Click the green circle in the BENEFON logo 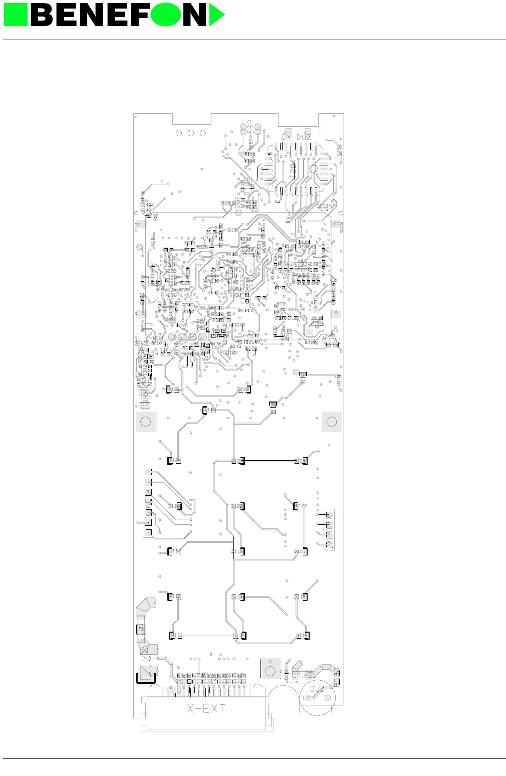click(165, 15)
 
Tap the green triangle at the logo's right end click(216, 15)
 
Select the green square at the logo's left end click(16, 15)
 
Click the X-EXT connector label click(206, 709)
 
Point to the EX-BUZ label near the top click(296, 137)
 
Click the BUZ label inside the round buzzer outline click(317, 689)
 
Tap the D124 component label click(174, 460)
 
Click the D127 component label click(238, 461)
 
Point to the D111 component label click(176, 635)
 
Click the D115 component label click(302, 636)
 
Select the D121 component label click(300, 551)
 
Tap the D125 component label click(173, 390)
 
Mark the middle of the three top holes click(191, 133)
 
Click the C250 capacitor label click(323, 206)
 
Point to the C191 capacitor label click(233, 230)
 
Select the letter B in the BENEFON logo click(44, 15)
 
